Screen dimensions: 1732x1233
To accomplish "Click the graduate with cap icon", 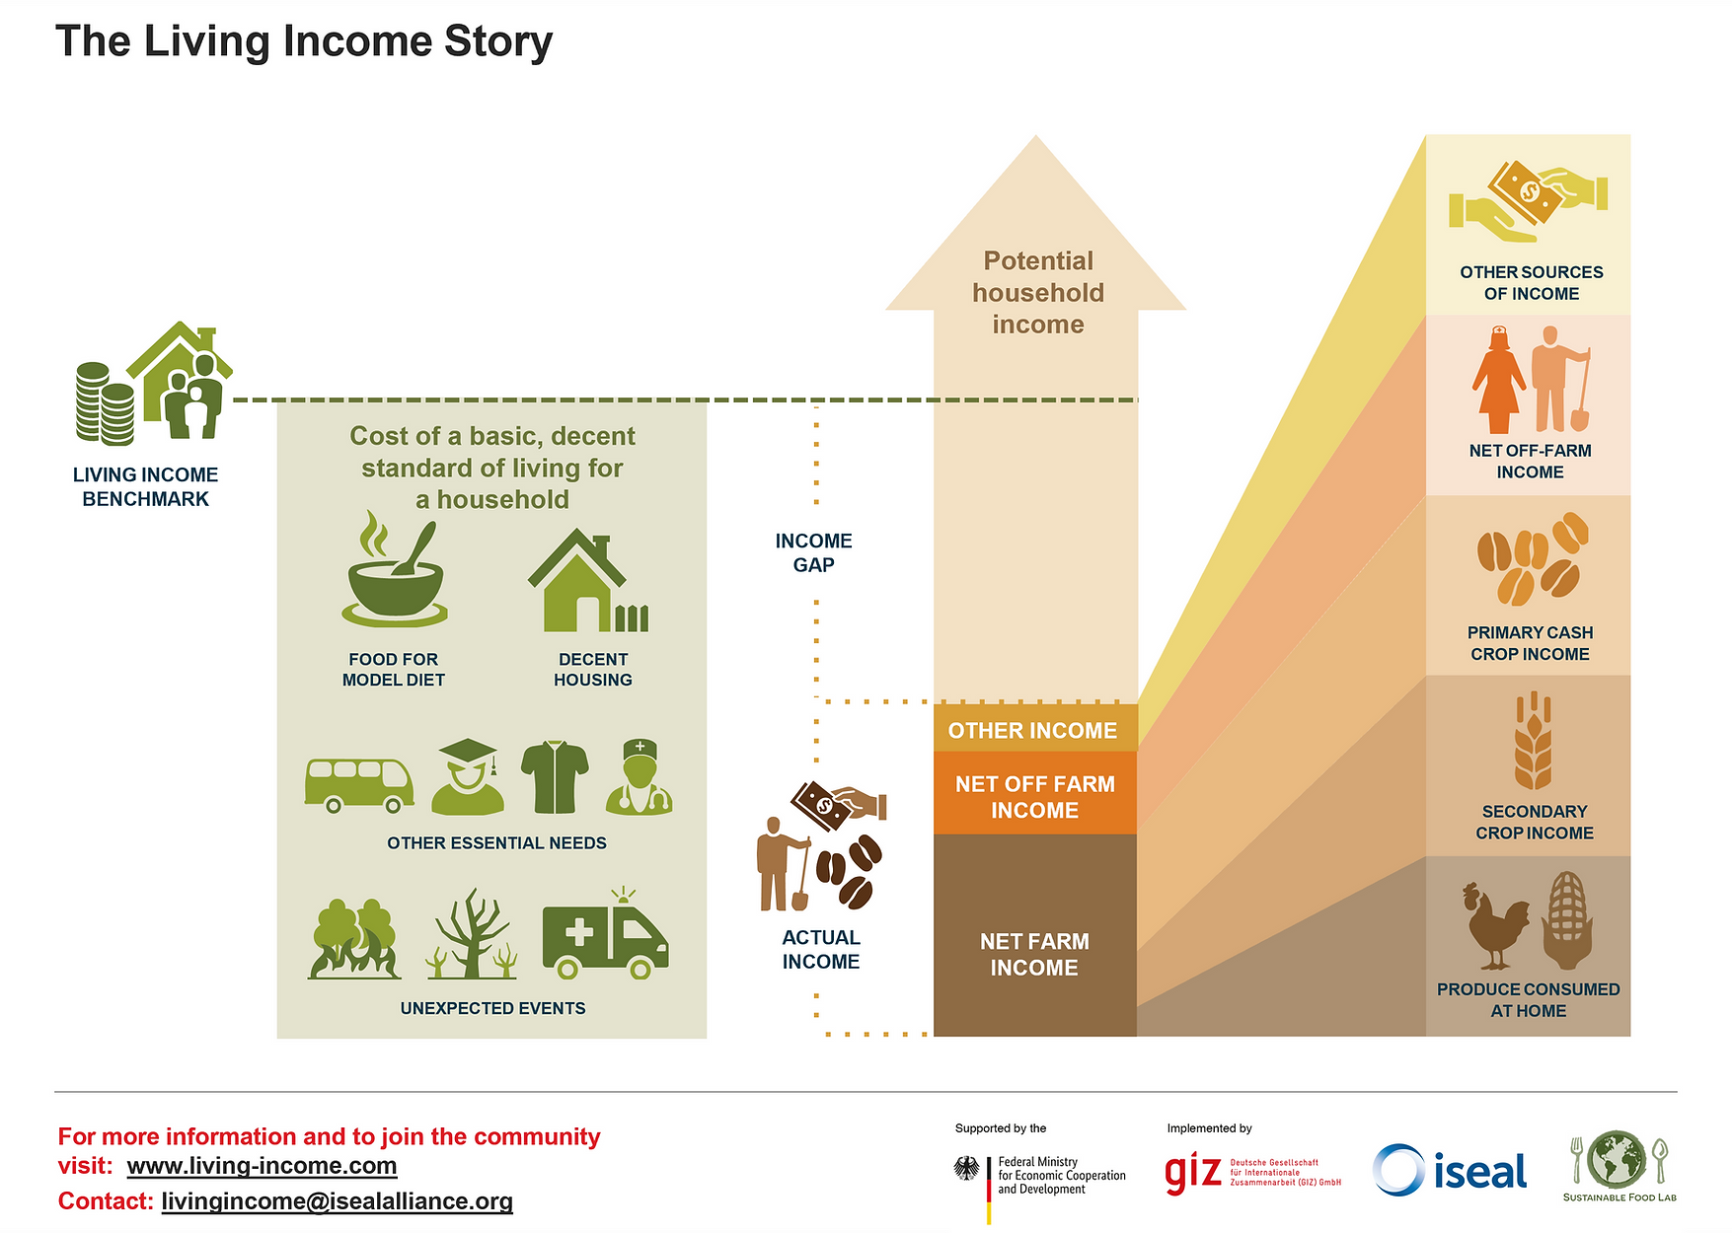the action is (468, 776).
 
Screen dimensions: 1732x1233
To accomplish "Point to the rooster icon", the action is (1495, 925).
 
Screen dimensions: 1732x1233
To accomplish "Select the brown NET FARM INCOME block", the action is (1035, 935).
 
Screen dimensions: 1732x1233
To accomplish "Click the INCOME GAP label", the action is (814, 552).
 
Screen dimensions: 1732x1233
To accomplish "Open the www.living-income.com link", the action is (262, 1166).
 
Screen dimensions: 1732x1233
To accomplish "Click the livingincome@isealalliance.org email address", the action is (337, 1201).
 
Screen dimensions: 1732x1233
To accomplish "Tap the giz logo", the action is (1252, 1172).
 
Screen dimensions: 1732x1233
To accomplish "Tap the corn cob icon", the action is (1567, 920).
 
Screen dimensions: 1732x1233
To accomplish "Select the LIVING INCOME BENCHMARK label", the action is (145, 486).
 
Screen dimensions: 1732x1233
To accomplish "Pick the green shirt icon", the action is (555, 777).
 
